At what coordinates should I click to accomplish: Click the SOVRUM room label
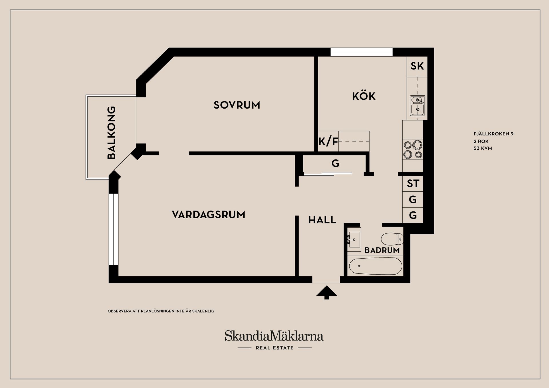(x=237, y=105)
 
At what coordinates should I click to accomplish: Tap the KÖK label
(x=364, y=96)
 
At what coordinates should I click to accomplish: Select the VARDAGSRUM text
(x=208, y=215)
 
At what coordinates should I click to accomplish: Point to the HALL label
(x=322, y=220)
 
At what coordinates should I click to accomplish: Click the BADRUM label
(x=382, y=250)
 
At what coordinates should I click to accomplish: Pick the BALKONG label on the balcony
(x=111, y=133)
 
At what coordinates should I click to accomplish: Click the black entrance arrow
(x=327, y=293)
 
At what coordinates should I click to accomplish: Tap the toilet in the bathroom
(x=392, y=239)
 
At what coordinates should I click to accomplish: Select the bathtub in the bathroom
(x=375, y=266)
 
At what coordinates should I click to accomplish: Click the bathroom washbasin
(x=354, y=239)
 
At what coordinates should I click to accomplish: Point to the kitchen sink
(x=417, y=105)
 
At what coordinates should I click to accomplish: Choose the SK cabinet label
(x=417, y=66)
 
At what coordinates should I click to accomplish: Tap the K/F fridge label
(x=328, y=141)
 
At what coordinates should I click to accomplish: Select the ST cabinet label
(x=413, y=184)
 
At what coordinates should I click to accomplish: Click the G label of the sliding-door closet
(x=335, y=164)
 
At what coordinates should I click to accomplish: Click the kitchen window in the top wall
(x=361, y=52)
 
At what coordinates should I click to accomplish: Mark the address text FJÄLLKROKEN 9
(x=493, y=134)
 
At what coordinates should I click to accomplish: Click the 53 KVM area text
(x=483, y=148)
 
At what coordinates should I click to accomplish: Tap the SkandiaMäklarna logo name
(x=274, y=336)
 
